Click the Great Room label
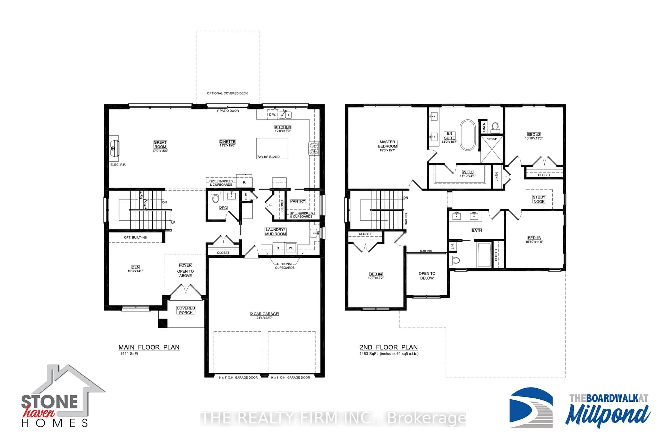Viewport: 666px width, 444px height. point(160,145)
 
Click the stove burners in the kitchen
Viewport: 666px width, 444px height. point(314,148)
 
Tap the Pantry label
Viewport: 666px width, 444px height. point(297,201)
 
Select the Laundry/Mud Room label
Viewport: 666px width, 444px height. point(276,232)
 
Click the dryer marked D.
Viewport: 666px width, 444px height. point(278,248)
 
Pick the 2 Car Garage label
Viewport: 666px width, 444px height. point(264,314)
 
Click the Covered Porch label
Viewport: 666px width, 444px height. point(186,310)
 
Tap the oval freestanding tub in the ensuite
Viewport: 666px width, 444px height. point(468,135)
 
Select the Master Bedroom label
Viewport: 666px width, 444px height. point(387,144)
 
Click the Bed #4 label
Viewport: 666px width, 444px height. point(375,274)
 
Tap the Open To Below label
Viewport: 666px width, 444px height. point(427,276)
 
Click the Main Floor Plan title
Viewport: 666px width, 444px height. point(149,347)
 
